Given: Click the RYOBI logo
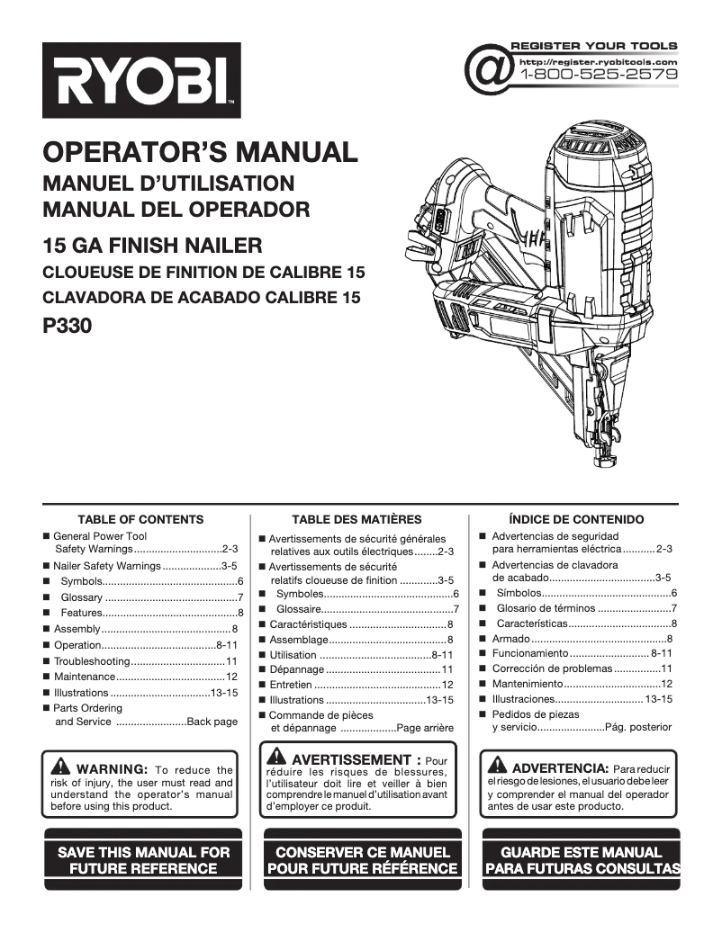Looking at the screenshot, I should (141, 81).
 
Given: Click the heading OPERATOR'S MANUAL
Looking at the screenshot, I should (200, 151).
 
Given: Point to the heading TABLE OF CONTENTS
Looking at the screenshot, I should (140, 519).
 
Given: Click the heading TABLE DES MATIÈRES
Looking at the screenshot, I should (356, 519).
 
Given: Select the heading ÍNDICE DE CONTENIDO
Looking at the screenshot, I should (576, 519).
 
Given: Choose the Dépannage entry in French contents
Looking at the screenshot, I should (296, 669).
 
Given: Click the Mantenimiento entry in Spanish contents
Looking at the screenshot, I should (527, 684).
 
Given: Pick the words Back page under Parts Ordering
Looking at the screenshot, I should (212, 722).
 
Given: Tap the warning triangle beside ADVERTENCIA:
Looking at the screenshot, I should (497, 767).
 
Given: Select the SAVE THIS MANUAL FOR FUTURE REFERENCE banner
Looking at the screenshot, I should (143, 860).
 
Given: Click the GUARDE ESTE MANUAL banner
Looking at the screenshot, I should (582, 860).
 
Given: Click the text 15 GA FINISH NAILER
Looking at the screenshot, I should (152, 245).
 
